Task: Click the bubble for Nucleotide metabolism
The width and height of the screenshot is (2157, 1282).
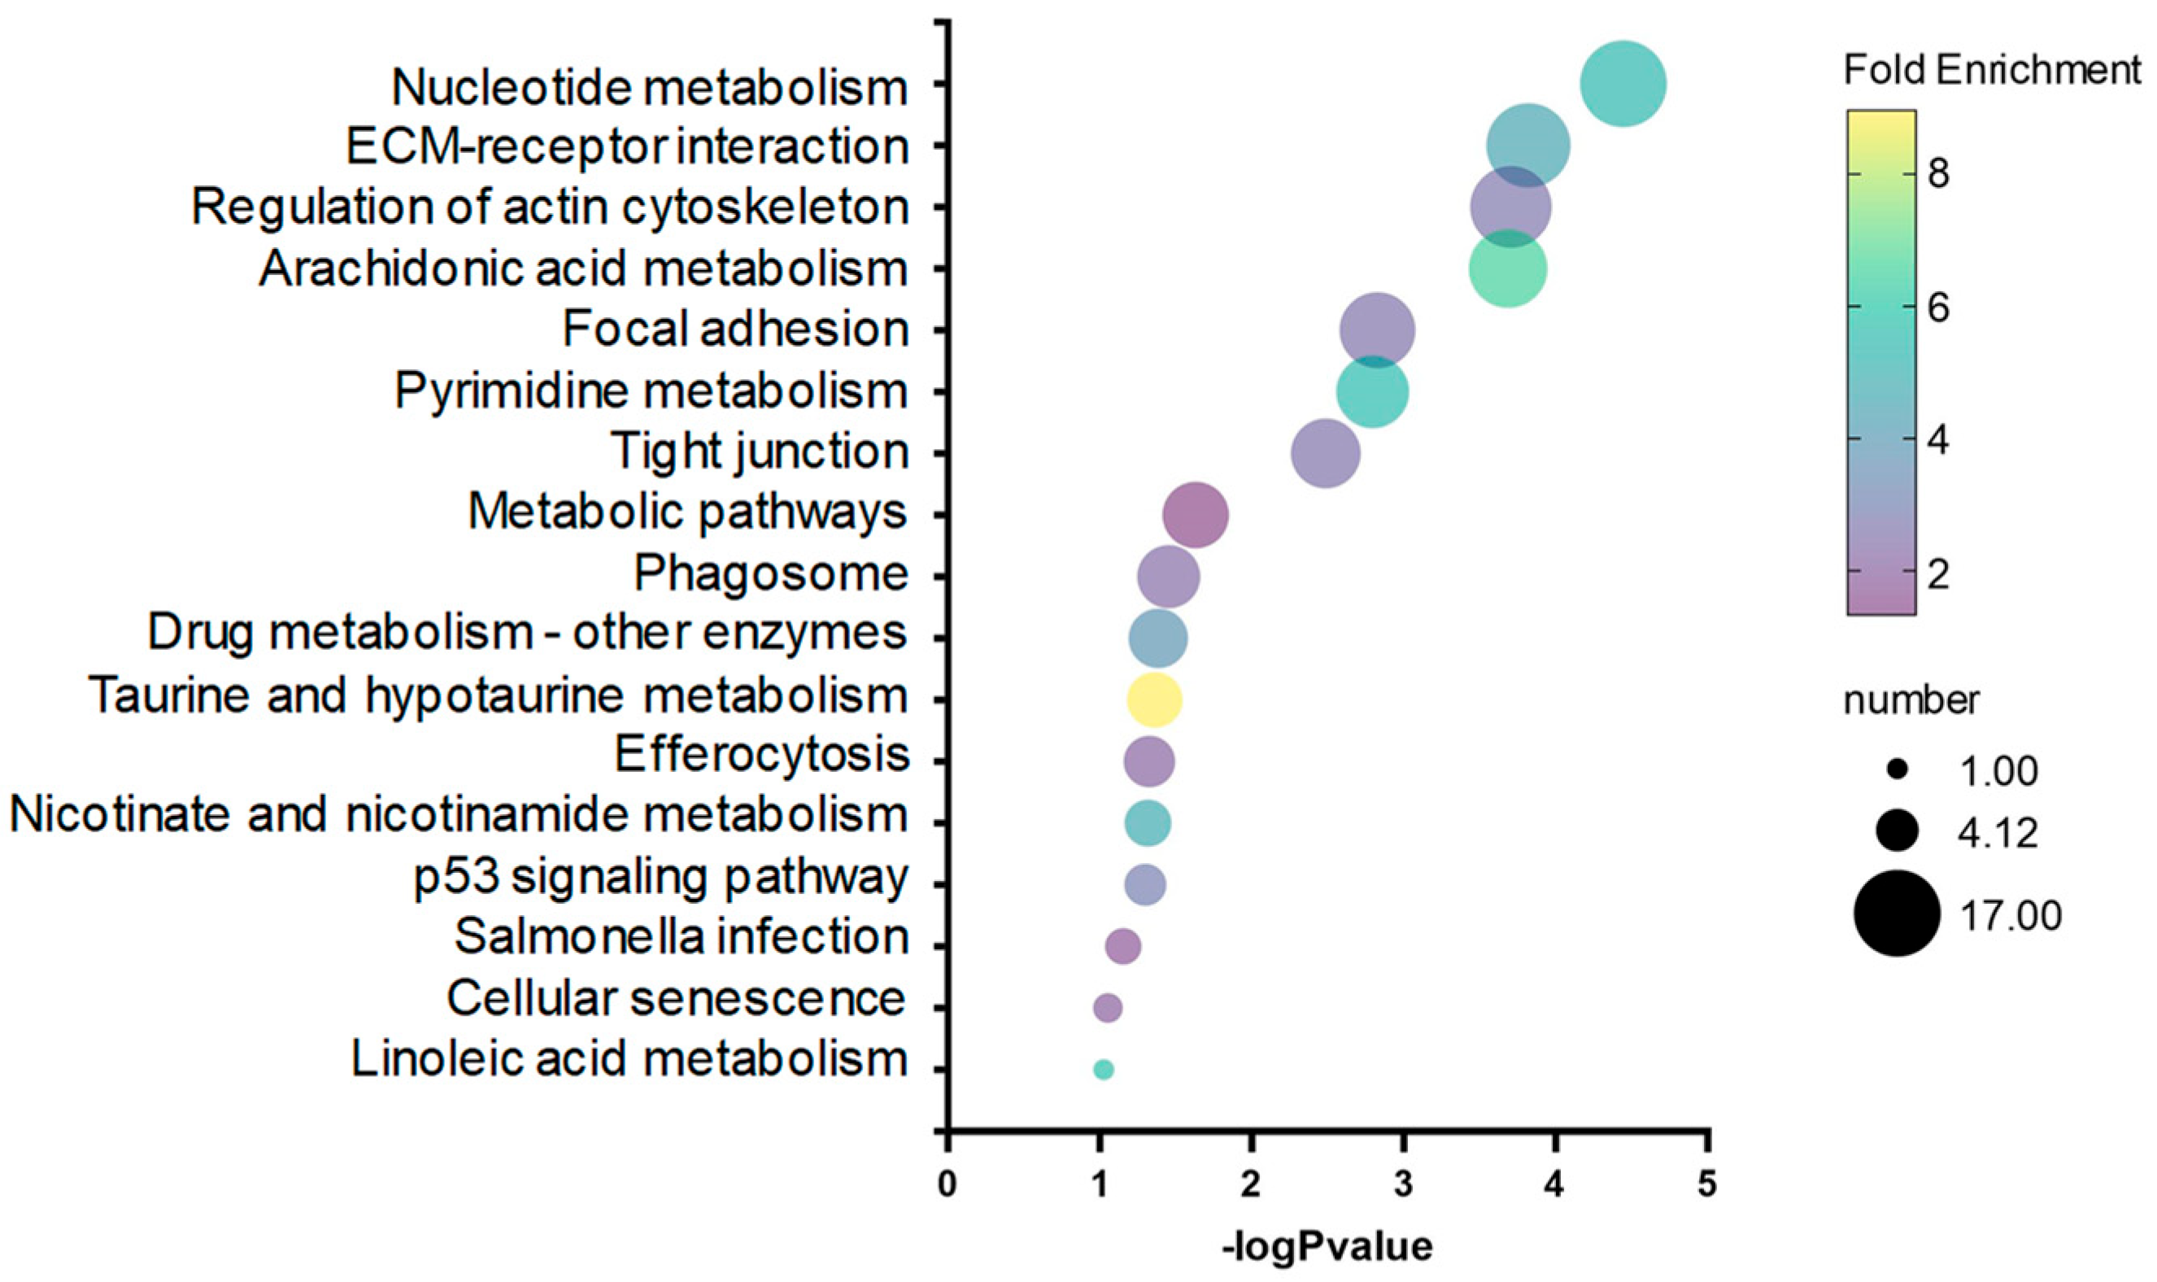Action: coord(1623,84)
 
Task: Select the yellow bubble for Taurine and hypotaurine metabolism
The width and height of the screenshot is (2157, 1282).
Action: coord(1154,700)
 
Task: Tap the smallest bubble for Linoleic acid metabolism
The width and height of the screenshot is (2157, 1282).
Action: coord(1103,1070)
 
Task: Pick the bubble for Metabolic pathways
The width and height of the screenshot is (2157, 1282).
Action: coord(1195,515)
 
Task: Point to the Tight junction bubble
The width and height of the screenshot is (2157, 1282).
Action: coord(1326,454)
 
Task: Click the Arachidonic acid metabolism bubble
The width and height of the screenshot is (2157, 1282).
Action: coord(1508,268)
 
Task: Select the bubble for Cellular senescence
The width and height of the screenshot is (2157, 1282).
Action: coord(1108,1007)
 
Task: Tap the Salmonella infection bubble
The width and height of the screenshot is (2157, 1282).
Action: coord(1122,946)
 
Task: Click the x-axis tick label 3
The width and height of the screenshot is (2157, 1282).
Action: coord(1403,1184)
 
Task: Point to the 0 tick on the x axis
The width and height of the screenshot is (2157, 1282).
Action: coord(948,1184)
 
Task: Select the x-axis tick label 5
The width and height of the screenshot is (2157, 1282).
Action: coord(1706,1184)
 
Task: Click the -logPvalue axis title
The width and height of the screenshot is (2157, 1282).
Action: coord(1327,1245)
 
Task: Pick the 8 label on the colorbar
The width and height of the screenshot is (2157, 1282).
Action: coord(1937,173)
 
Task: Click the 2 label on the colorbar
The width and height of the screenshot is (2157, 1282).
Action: coord(1937,573)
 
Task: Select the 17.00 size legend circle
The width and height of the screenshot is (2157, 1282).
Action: coord(1896,914)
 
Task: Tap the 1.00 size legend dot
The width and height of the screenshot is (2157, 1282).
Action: coord(1896,770)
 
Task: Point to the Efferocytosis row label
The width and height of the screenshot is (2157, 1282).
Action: coord(761,755)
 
